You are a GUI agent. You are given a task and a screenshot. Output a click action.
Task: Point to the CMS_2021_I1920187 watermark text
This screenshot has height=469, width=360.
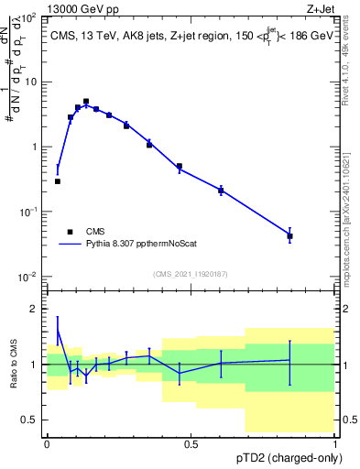click(x=190, y=274)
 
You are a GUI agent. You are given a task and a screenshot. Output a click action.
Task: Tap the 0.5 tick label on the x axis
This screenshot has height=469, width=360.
click(x=191, y=444)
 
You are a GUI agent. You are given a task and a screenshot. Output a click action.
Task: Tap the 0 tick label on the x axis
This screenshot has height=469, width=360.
click(x=47, y=444)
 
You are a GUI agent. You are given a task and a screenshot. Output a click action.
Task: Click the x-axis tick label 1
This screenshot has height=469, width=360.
click(x=335, y=444)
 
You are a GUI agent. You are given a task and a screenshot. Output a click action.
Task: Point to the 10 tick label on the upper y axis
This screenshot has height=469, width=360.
click(x=30, y=82)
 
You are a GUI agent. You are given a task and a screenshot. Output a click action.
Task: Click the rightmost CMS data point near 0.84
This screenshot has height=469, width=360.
click(x=289, y=236)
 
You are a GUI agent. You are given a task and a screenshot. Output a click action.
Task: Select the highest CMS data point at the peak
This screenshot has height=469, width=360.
click(x=86, y=102)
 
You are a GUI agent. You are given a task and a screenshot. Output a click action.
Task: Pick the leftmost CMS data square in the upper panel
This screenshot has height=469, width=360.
click(x=58, y=181)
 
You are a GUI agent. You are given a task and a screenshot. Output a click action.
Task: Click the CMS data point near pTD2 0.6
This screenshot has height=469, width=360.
click(x=221, y=191)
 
